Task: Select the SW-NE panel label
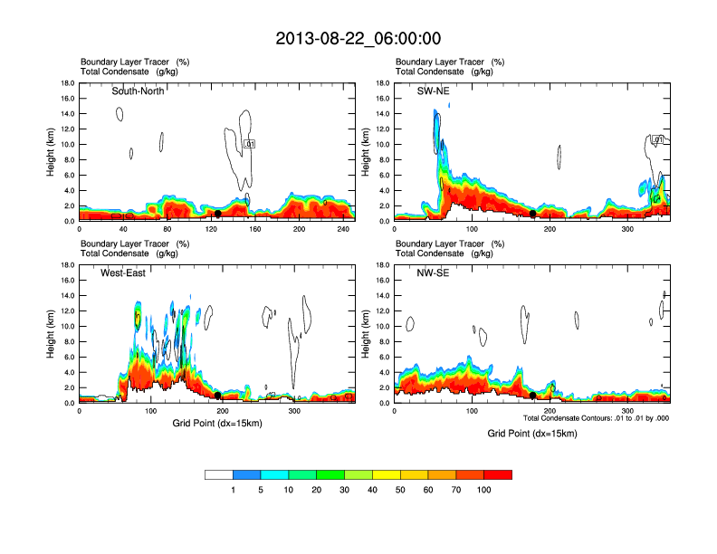[434, 91]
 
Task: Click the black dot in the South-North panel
[218, 214]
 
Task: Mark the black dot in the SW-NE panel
[533, 214]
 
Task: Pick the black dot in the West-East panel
[218, 396]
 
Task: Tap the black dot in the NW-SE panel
[533, 396]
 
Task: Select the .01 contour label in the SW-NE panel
[658, 140]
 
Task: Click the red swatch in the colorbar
[498, 474]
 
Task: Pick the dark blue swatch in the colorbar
[247, 474]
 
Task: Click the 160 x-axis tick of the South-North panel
[255, 229]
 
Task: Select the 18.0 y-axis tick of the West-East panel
[67, 265]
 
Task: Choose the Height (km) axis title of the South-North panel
[52, 152]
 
